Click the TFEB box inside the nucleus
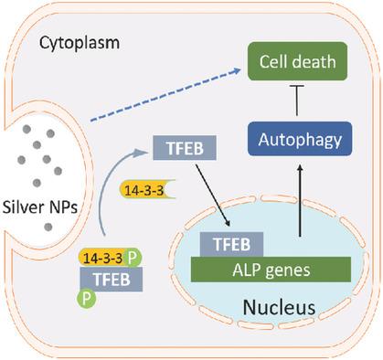[231, 244]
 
